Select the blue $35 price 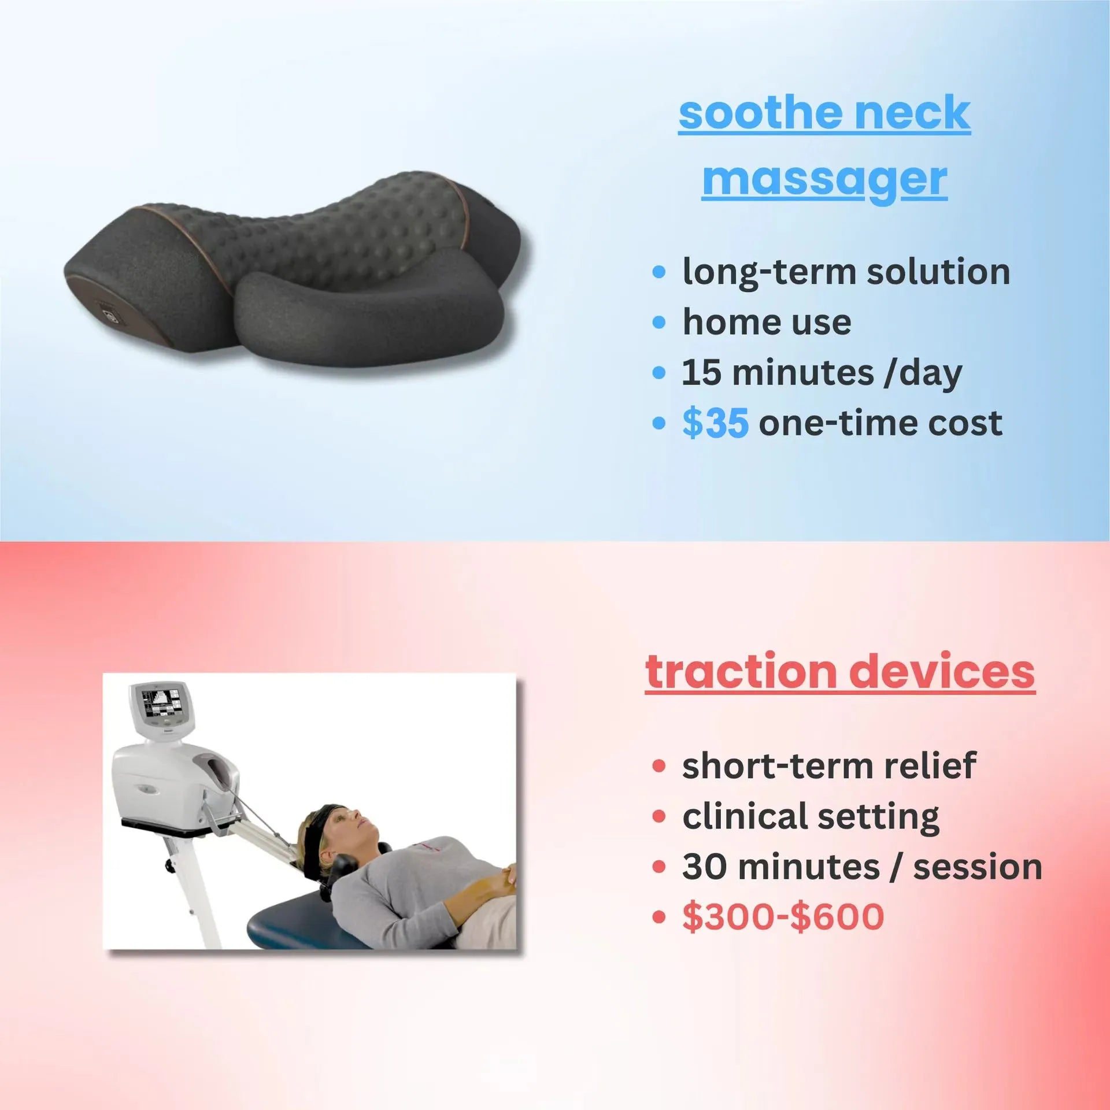[x=716, y=423]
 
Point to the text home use [x=767, y=322]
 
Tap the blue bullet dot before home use [x=658, y=322]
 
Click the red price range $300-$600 [x=783, y=917]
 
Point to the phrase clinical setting [x=811, y=816]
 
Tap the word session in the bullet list [x=978, y=867]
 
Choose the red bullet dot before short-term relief [x=658, y=766]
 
